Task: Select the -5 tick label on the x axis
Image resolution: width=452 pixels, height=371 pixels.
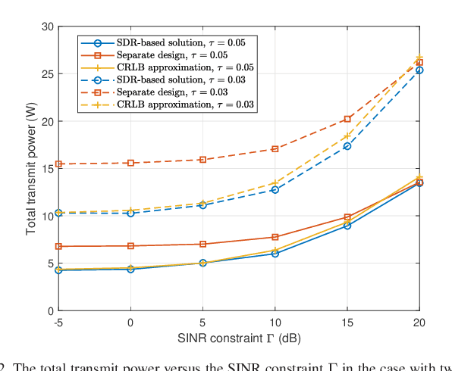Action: coord(58,322)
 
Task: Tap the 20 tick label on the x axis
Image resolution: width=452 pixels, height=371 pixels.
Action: coord(419,322)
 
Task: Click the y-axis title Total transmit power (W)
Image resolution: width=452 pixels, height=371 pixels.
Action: coord(31,168)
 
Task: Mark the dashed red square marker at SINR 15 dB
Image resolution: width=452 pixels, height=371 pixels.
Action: coord(347,119)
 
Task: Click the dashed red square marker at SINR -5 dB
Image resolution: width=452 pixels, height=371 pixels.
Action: coord(58,164)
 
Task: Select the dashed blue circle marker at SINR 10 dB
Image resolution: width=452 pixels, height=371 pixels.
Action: coord(275,189)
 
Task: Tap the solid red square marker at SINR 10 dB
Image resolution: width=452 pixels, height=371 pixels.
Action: coord(275,237)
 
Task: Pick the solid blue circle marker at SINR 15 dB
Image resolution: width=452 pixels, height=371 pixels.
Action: coord(347,226)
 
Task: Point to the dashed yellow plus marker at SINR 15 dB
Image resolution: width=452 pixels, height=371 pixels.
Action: coord(347,136)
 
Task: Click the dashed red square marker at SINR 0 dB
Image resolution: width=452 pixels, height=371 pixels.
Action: coord(130,163)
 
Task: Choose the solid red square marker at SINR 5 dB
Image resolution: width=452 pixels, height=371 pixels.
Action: coord(202,244)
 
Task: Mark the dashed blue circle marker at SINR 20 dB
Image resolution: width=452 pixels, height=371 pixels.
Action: coord(419,70)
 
